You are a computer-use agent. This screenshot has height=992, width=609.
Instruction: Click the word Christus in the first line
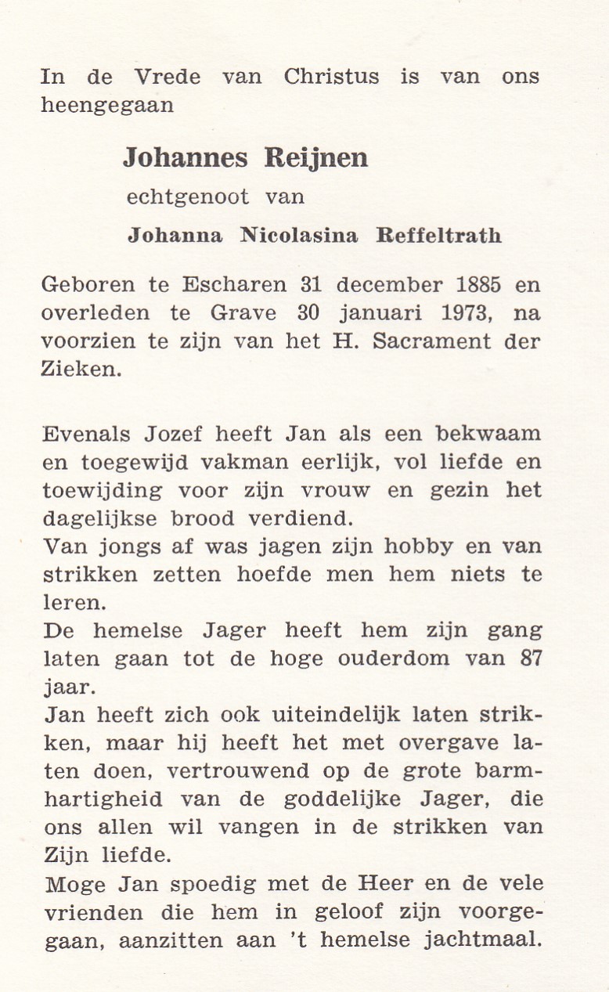point(331,77)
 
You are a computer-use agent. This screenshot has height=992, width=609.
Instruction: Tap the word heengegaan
point(107,106)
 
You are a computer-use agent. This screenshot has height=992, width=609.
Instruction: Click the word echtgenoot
point(189,197)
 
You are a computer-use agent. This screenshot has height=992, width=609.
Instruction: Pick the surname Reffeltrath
point(439,236)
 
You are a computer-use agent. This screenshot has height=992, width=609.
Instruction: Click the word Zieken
point(81,370)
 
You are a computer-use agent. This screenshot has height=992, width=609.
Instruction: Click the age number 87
point(529,658)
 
